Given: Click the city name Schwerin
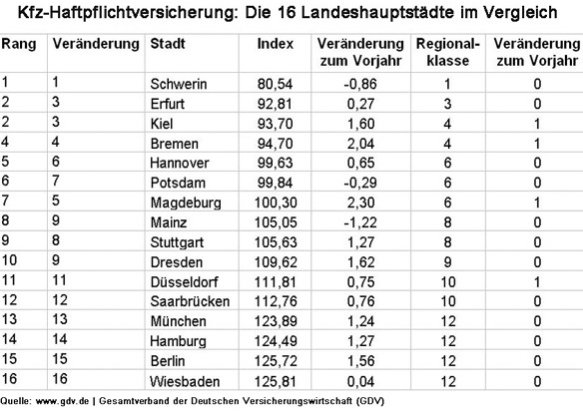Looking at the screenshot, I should (178, 84).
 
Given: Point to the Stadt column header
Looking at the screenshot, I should (166, 46).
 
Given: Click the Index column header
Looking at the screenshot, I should (275, 46).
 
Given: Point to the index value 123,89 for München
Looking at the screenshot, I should (274, 322).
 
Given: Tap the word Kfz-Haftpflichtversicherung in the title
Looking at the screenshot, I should (149, 14).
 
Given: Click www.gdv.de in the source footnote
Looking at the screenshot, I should (62, 401).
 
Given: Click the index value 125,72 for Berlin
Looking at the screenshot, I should (274, 362).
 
